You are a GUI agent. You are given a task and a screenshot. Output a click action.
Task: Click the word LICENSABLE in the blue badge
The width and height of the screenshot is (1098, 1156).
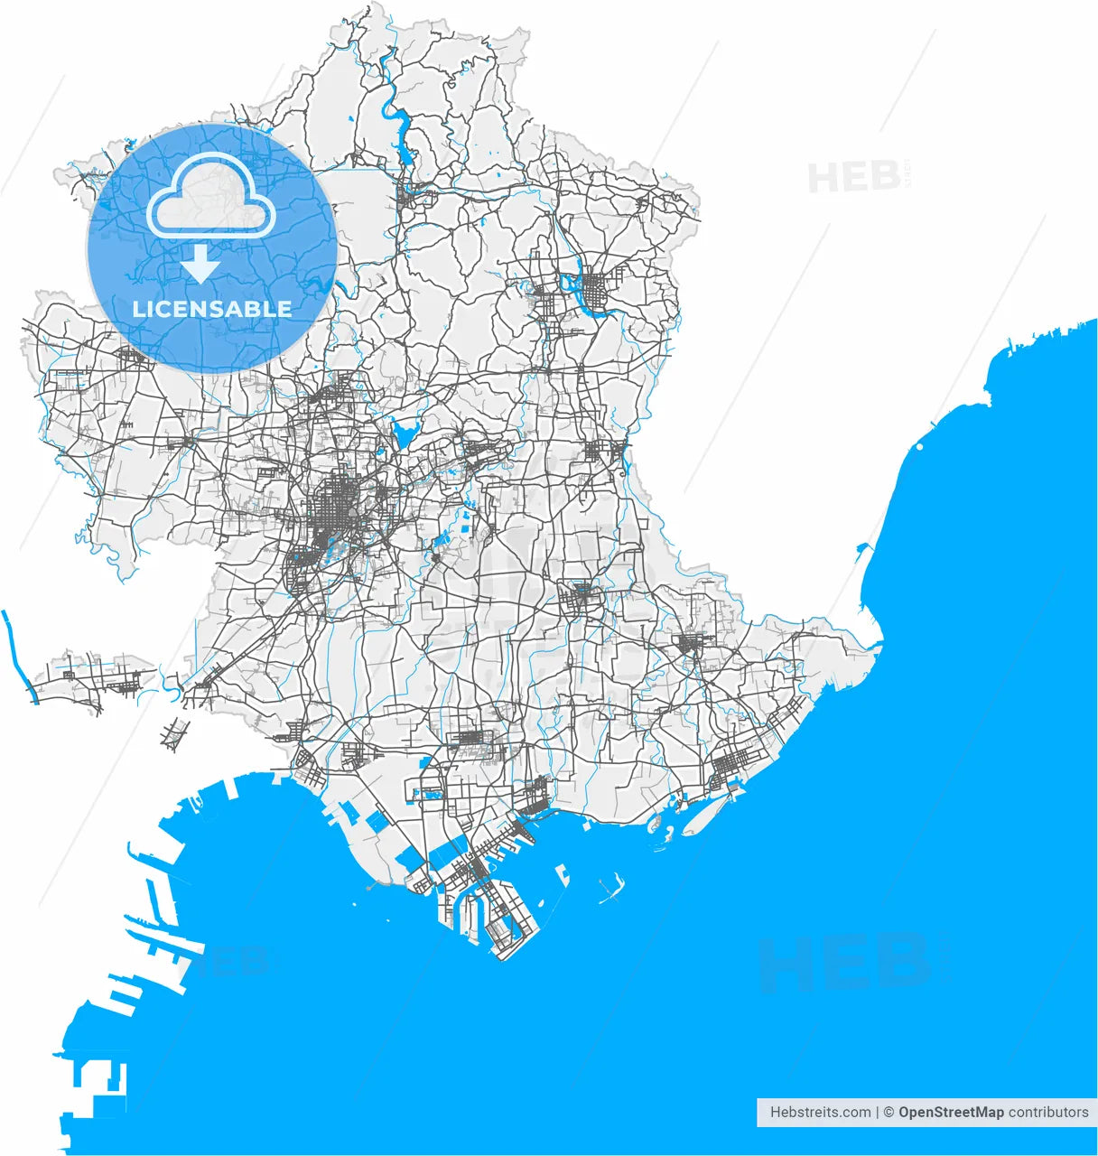coord(212,309)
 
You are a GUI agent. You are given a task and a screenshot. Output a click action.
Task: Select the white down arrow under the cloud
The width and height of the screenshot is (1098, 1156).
coord(200,266)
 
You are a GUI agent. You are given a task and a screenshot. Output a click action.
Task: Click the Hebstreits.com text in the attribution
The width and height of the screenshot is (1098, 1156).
coord(820,1113)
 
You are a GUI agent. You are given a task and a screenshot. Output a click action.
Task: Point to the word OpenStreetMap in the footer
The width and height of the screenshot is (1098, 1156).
coord(951,1113)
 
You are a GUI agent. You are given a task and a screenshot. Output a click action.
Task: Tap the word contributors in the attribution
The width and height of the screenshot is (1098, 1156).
coord(1048,1113)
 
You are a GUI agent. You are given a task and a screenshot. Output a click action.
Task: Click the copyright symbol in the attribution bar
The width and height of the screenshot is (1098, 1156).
coord(889,1113)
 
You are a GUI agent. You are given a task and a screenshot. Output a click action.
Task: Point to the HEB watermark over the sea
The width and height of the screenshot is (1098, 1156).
coord(840,962)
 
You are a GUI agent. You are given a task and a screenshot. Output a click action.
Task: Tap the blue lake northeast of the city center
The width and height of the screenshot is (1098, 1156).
coord(404,433)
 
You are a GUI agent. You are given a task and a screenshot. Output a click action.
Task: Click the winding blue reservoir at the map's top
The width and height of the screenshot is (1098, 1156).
coord(395,113)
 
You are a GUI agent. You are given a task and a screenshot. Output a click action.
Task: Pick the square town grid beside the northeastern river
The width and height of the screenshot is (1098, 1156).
coord(597,291)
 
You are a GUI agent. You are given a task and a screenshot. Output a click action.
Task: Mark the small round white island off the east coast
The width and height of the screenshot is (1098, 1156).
coord(919,445)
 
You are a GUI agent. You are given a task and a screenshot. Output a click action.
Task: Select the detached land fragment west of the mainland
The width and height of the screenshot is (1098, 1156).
coord(90,677)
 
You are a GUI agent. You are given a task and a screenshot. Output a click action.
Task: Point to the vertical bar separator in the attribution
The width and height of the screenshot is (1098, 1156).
coord(878,1113)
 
